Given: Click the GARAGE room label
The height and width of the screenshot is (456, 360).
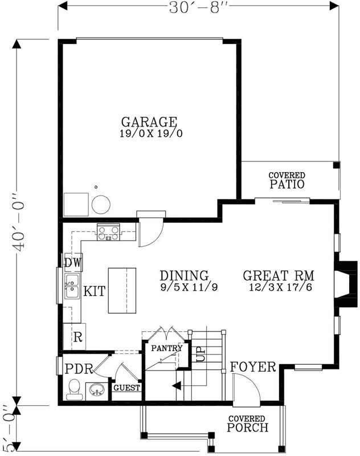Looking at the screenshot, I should (x=149, y=122).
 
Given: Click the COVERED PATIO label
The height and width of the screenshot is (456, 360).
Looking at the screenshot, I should (x=287, y=180).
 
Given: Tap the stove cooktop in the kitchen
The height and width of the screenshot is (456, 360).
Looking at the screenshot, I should (x=108, y=233).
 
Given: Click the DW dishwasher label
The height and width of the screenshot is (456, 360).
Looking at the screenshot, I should (x=72, y=263).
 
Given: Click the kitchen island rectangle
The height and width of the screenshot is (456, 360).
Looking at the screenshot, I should (x=122, y=290).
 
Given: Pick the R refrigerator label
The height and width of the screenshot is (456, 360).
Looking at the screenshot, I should (x=77, y=336).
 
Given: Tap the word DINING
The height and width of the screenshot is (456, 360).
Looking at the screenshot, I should (x=184, y=276).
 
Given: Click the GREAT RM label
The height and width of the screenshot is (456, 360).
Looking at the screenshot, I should (x=279, y=276).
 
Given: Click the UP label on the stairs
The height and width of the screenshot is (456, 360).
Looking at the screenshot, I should (x=201, y=355).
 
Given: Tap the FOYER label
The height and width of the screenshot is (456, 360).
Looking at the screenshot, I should (x=253, y=367).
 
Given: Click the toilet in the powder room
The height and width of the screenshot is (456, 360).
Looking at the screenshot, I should (x=73, y=390).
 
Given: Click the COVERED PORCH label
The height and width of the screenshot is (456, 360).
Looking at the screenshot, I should (x=247, y=424).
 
